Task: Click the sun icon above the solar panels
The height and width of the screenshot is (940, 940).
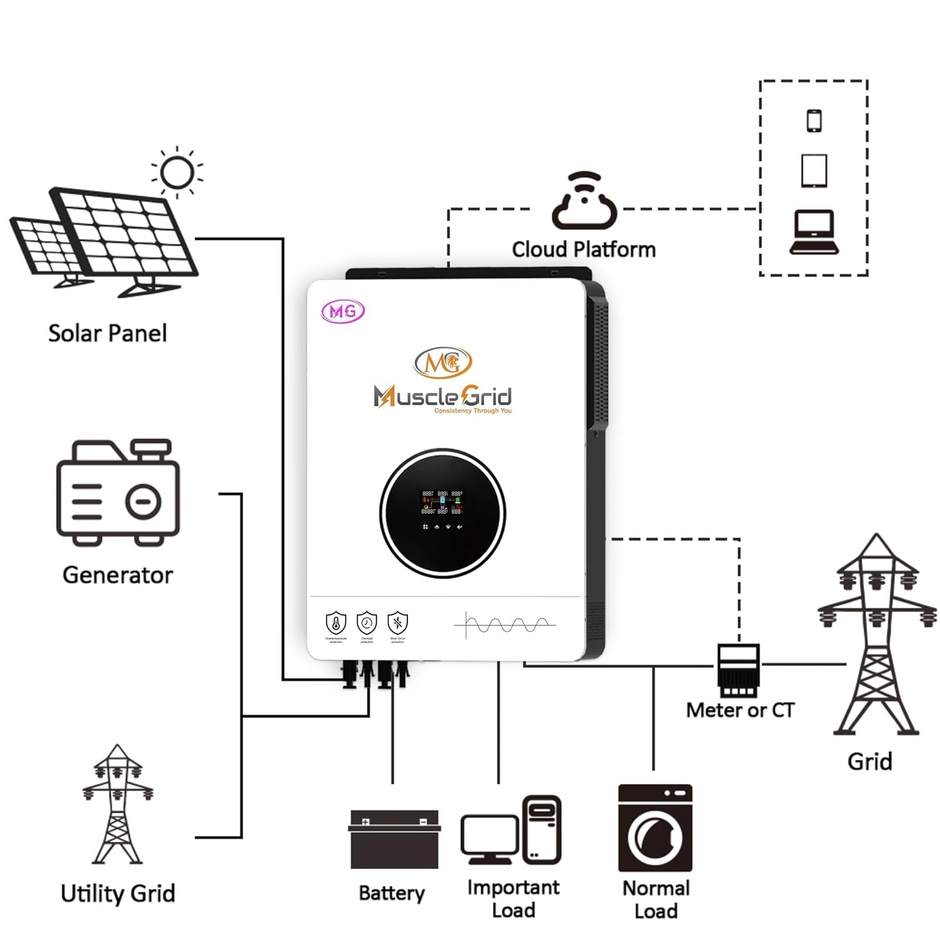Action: tap(177, 173)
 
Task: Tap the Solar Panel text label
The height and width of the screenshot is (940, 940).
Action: tap(107, 333)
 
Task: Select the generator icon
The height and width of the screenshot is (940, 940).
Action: tap(118, 492)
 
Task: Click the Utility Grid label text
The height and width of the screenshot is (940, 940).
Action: tap(118, 893)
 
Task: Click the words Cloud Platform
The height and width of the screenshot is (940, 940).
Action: tap(584, 249)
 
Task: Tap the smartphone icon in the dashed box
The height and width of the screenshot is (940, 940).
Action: tap(814, 120)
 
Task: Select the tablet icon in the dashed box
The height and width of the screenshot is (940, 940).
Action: tap(814, 171)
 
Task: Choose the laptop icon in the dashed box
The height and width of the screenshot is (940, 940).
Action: tap(814, 232)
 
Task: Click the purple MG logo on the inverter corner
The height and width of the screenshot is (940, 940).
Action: tap(343, 312)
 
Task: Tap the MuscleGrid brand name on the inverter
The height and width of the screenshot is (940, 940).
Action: tap(443, 396)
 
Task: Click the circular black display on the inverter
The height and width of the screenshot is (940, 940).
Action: tap(442, 512)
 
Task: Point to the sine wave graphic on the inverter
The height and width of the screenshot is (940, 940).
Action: tap(505, 625)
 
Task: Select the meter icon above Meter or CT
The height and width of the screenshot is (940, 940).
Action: tap(738, 670)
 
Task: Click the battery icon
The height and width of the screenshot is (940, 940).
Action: tap(394, 839)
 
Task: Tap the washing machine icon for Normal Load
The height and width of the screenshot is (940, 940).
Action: tap(654, 828)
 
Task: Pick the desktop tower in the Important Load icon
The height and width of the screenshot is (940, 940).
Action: tap(542, 829)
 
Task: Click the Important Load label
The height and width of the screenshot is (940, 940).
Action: tap(513, 898)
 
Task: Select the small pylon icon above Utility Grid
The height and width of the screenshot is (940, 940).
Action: tap(117, 805)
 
